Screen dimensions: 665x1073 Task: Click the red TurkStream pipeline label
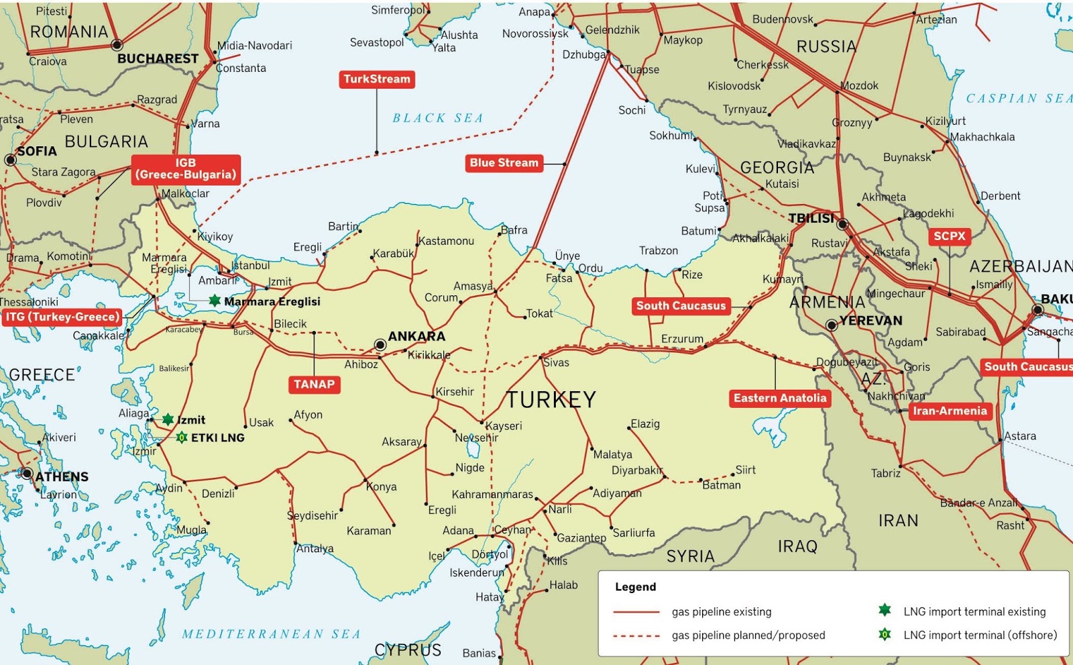coord(377,79)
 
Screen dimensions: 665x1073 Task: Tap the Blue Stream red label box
coord(504,163)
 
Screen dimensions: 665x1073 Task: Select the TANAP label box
coord(314,385)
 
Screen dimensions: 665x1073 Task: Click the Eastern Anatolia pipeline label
coord(780,398)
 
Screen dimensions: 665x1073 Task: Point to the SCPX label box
coord(949,236)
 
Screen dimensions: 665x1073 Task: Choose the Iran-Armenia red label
coord(949,411)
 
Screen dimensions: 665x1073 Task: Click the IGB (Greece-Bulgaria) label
coord(186,169)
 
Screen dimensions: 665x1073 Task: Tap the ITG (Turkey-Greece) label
coord(62,317)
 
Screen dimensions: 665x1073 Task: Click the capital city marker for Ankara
coord(380,345)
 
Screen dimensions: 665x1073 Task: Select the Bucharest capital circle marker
coord(117,45)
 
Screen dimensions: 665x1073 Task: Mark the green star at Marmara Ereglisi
coord(215,301)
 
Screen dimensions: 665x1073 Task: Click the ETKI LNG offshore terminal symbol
coord(182,438)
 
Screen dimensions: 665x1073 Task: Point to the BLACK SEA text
coord(437,118)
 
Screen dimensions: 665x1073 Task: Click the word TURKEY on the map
coord(551,400)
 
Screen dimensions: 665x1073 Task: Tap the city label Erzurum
coord(682,339)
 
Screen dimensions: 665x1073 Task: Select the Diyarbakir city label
coord(636,470)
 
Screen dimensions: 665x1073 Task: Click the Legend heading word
coord(635,587)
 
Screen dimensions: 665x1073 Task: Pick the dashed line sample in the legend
coord(636,635)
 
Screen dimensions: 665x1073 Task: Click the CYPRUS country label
coord(408,650)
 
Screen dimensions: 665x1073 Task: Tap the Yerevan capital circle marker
coord(832,325)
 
